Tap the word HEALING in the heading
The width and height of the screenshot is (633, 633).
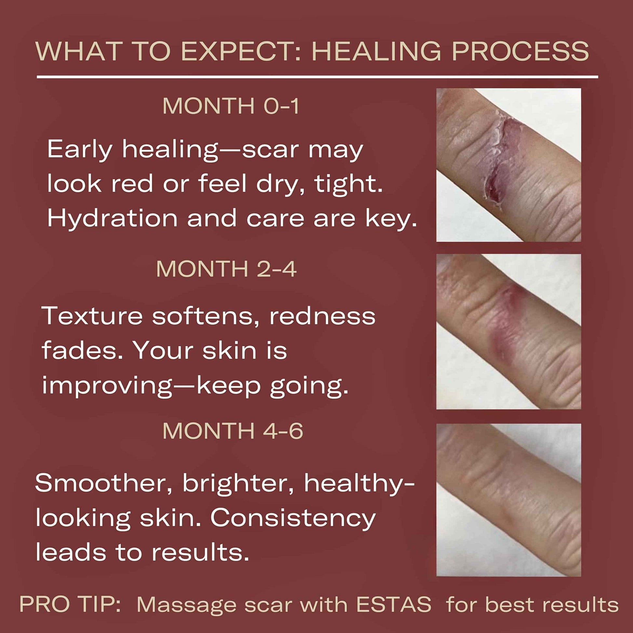coord(376,51)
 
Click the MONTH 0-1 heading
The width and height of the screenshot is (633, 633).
coord(231,106)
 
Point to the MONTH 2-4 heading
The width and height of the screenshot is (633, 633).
coord(226,269)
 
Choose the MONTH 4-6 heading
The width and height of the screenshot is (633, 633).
coord(233,431)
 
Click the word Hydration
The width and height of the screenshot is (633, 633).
coord(112,219)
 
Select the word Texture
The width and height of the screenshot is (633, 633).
coord(92,316)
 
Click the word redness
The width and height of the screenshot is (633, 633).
coord(322,316)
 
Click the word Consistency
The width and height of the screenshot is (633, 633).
coord(292,518)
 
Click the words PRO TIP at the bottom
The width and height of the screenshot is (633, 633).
coord(70,604)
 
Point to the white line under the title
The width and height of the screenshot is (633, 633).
coord(317,77)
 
